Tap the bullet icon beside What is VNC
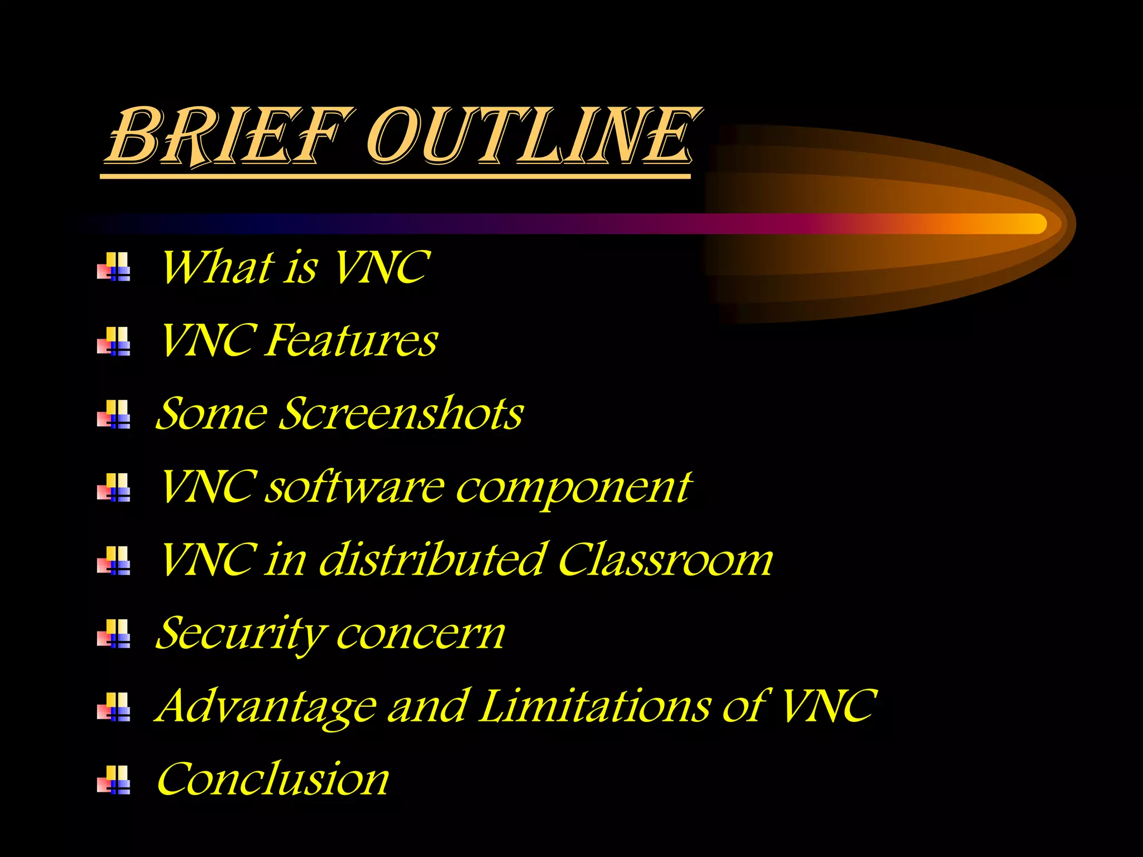[x=114, y=267]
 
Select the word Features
[x=351, y=340]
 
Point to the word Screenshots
[x=400, y=413]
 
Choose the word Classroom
[x=665, y=560]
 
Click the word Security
[x=241, y=634]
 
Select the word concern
[x=421, y=634]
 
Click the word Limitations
[x=595, y=706]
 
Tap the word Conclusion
[x=273, y=779]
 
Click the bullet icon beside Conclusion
[x=114, y=779]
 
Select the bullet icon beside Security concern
[x=114, y=633]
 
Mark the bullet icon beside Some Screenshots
[x=114, y=414]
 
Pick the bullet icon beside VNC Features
[x=114, y=341]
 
